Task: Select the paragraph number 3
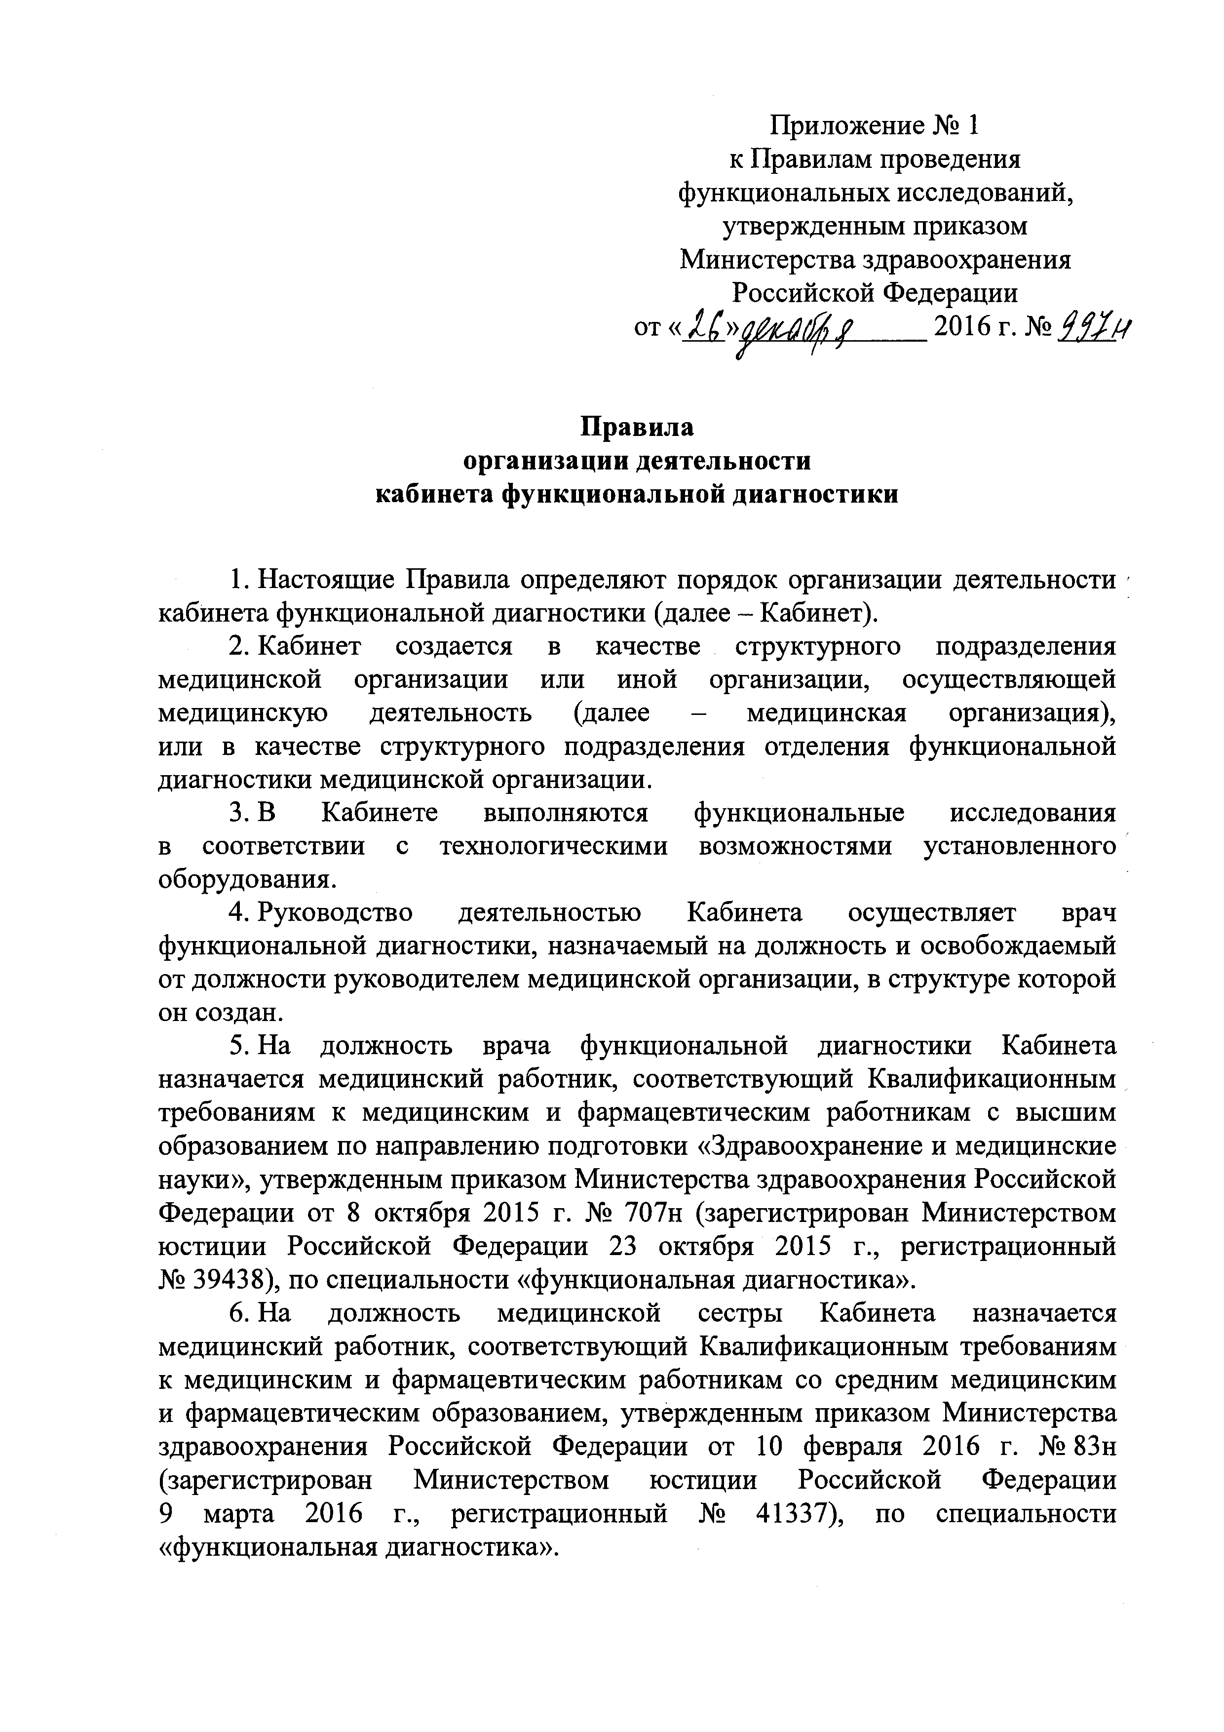(237, 813)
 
